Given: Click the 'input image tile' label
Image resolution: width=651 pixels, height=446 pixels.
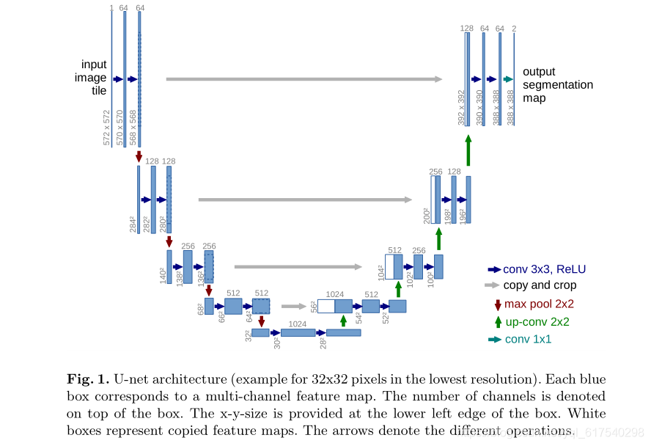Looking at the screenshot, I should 94,78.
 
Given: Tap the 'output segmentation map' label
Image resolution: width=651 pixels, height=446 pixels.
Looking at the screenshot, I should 557,84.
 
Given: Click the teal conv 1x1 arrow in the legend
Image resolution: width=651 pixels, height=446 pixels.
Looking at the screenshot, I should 494,340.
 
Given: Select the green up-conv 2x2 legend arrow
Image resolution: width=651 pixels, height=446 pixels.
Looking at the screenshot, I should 499,321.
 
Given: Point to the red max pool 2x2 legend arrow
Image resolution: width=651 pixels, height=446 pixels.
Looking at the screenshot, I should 498,304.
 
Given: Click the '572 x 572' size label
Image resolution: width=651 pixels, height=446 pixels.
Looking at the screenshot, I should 107,128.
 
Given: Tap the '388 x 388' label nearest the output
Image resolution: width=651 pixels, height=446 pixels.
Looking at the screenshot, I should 510,108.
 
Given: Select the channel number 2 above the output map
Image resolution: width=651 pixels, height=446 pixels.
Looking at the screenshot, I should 514,28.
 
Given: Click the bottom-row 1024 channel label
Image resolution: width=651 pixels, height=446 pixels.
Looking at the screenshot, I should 297,323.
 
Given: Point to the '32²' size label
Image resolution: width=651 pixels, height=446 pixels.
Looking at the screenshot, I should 247,335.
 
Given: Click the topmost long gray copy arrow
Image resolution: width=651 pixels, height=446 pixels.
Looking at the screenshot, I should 304,78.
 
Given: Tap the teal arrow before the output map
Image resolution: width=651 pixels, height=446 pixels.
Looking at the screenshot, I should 508,79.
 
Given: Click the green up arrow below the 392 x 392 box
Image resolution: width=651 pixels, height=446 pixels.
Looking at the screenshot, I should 468,150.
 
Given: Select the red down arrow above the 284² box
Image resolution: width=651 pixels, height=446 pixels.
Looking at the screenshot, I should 139,156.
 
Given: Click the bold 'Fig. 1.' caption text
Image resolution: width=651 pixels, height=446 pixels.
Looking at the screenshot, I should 88,379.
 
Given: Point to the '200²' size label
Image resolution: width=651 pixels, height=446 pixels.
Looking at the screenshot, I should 427,214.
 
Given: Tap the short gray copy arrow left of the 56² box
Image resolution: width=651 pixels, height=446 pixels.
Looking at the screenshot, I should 293,307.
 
